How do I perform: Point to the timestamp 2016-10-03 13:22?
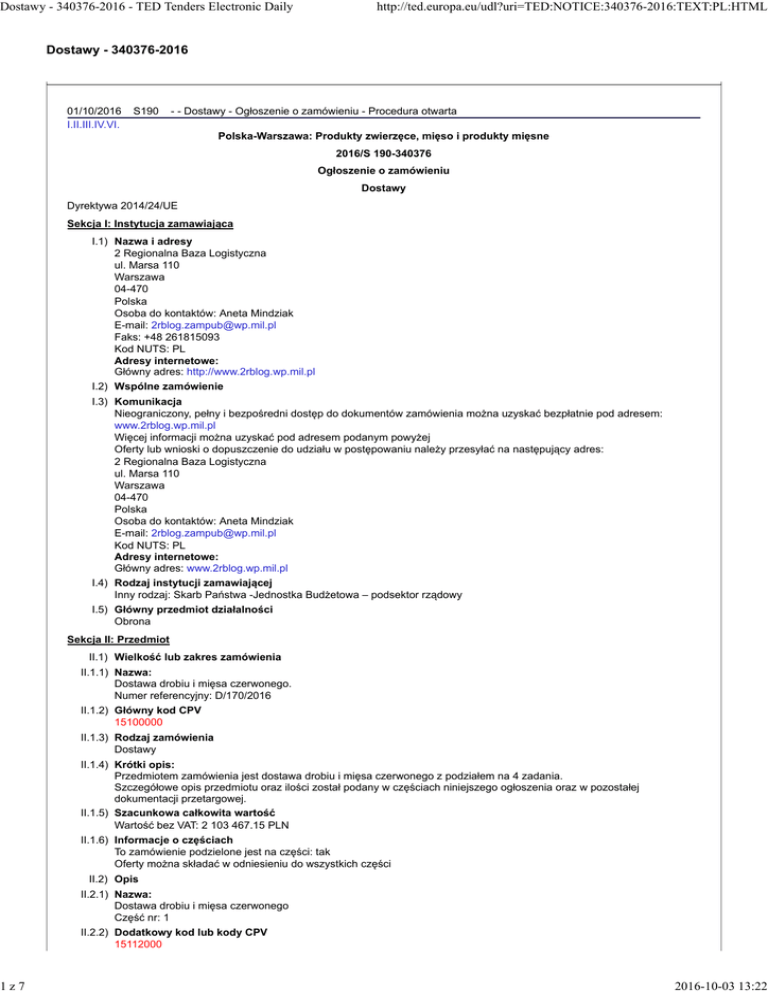700,979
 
